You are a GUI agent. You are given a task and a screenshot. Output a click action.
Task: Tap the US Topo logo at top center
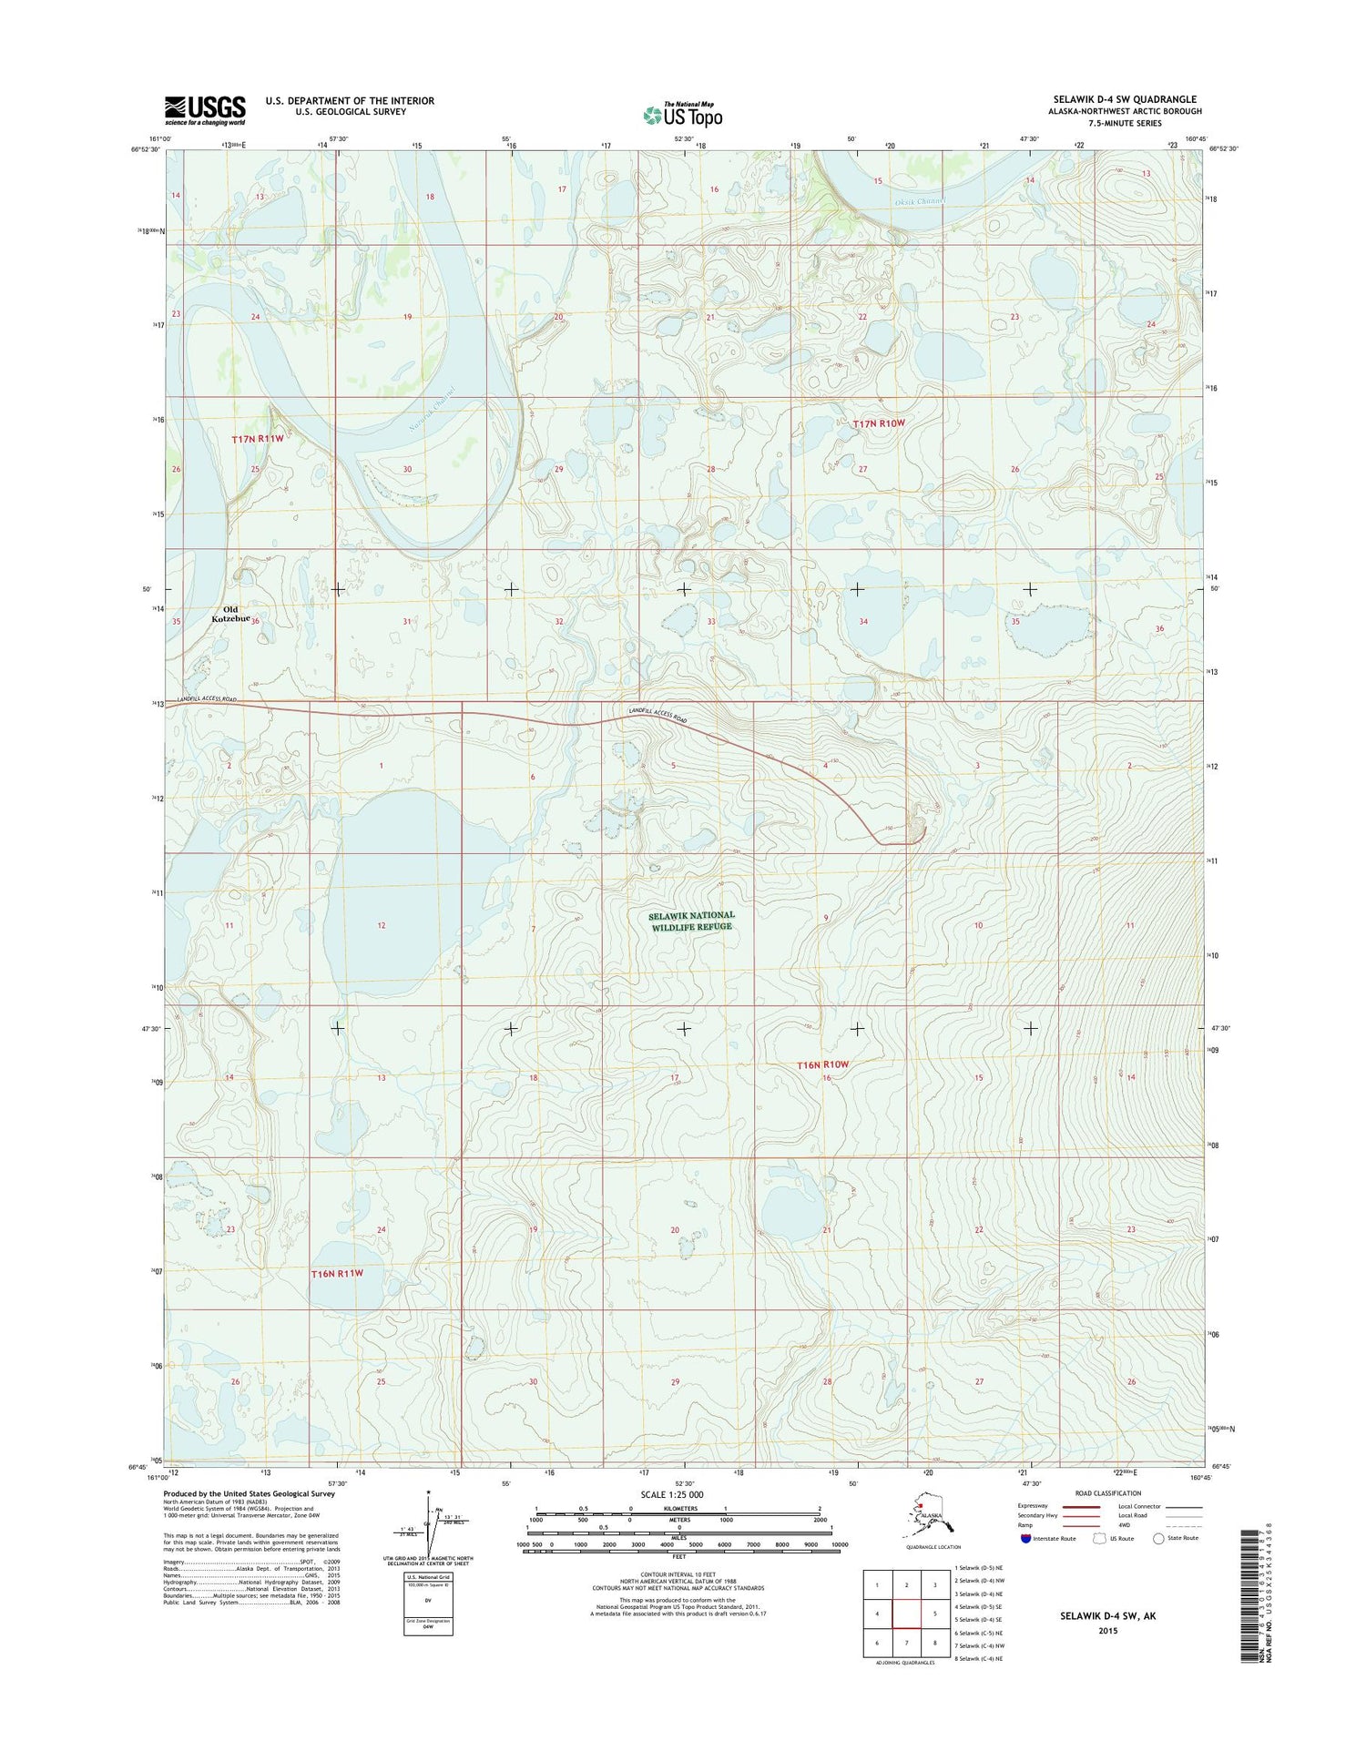(683, 115)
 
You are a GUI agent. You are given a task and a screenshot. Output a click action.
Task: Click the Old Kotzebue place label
(231, 615)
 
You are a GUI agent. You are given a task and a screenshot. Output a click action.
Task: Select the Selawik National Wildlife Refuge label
(691, 921)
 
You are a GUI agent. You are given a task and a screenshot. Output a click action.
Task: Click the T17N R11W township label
(258, 439)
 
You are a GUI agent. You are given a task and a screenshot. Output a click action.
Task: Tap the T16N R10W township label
(822, 1064)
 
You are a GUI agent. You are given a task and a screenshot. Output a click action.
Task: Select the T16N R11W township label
(337, 1273)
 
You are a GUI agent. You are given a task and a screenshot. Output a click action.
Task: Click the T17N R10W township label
(879, 423)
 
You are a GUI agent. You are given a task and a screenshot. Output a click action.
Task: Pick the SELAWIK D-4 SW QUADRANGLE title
(1125, 99)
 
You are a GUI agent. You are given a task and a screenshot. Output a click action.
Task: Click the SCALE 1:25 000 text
(671, 1494)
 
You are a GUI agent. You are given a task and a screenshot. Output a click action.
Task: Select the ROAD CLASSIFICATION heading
(1107, 1493)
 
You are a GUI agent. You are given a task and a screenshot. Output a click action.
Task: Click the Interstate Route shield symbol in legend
(1025, 1539)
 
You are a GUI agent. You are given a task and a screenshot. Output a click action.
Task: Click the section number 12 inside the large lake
(382, 925)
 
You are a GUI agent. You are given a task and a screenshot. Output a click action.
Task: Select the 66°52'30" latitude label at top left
(144, 149)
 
